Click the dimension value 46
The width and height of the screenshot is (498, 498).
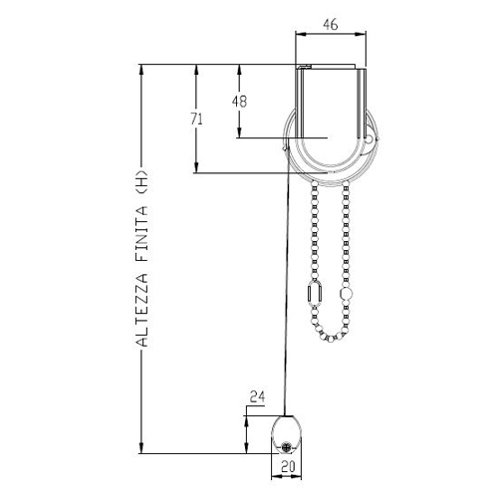(331, 25)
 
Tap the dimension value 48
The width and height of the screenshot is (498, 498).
(239, 102)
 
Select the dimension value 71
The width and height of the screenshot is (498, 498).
(196, 119)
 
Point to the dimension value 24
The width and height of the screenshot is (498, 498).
(258, 396)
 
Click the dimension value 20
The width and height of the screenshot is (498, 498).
(288, 467)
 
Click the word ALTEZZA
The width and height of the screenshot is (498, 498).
(142, 310)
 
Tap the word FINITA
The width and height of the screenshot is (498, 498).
(142, 234)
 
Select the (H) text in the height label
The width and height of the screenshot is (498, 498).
(142, 182)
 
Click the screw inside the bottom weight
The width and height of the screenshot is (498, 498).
(286, 447)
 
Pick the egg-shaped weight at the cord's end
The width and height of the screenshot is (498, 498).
(287, 434)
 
